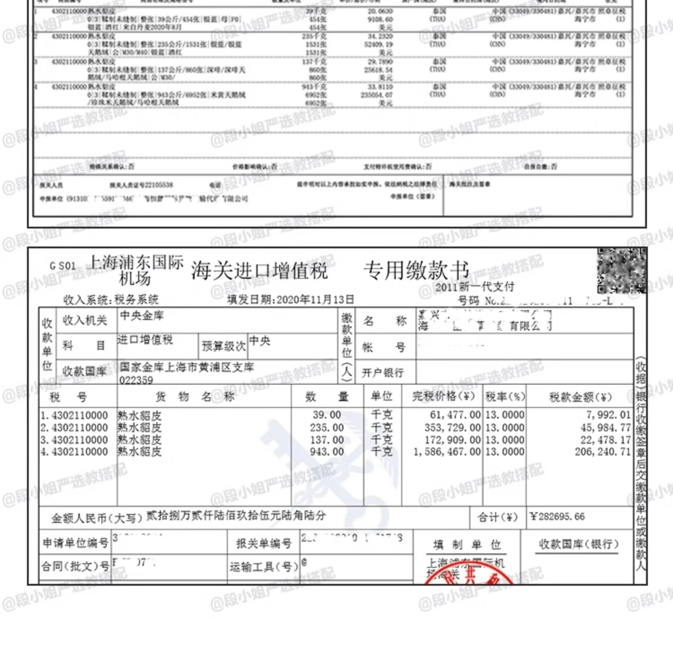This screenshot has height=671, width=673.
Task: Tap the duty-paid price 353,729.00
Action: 452,428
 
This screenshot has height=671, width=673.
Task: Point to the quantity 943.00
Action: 327,452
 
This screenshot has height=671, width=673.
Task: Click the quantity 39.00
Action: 327,415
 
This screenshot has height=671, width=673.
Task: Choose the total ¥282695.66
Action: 557,517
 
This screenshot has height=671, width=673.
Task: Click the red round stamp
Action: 469,577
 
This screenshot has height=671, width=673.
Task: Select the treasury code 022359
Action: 136,380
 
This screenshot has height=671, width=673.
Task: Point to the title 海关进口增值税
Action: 259,271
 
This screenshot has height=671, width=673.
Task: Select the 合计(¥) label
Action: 497,517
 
